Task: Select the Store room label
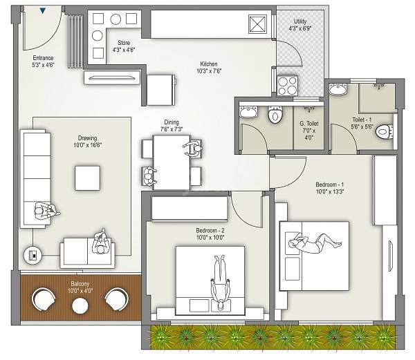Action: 124,46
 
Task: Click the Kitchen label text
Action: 209,66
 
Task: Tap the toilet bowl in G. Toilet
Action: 275,114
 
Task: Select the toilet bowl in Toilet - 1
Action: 386,133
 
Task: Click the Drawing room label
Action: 87,142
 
